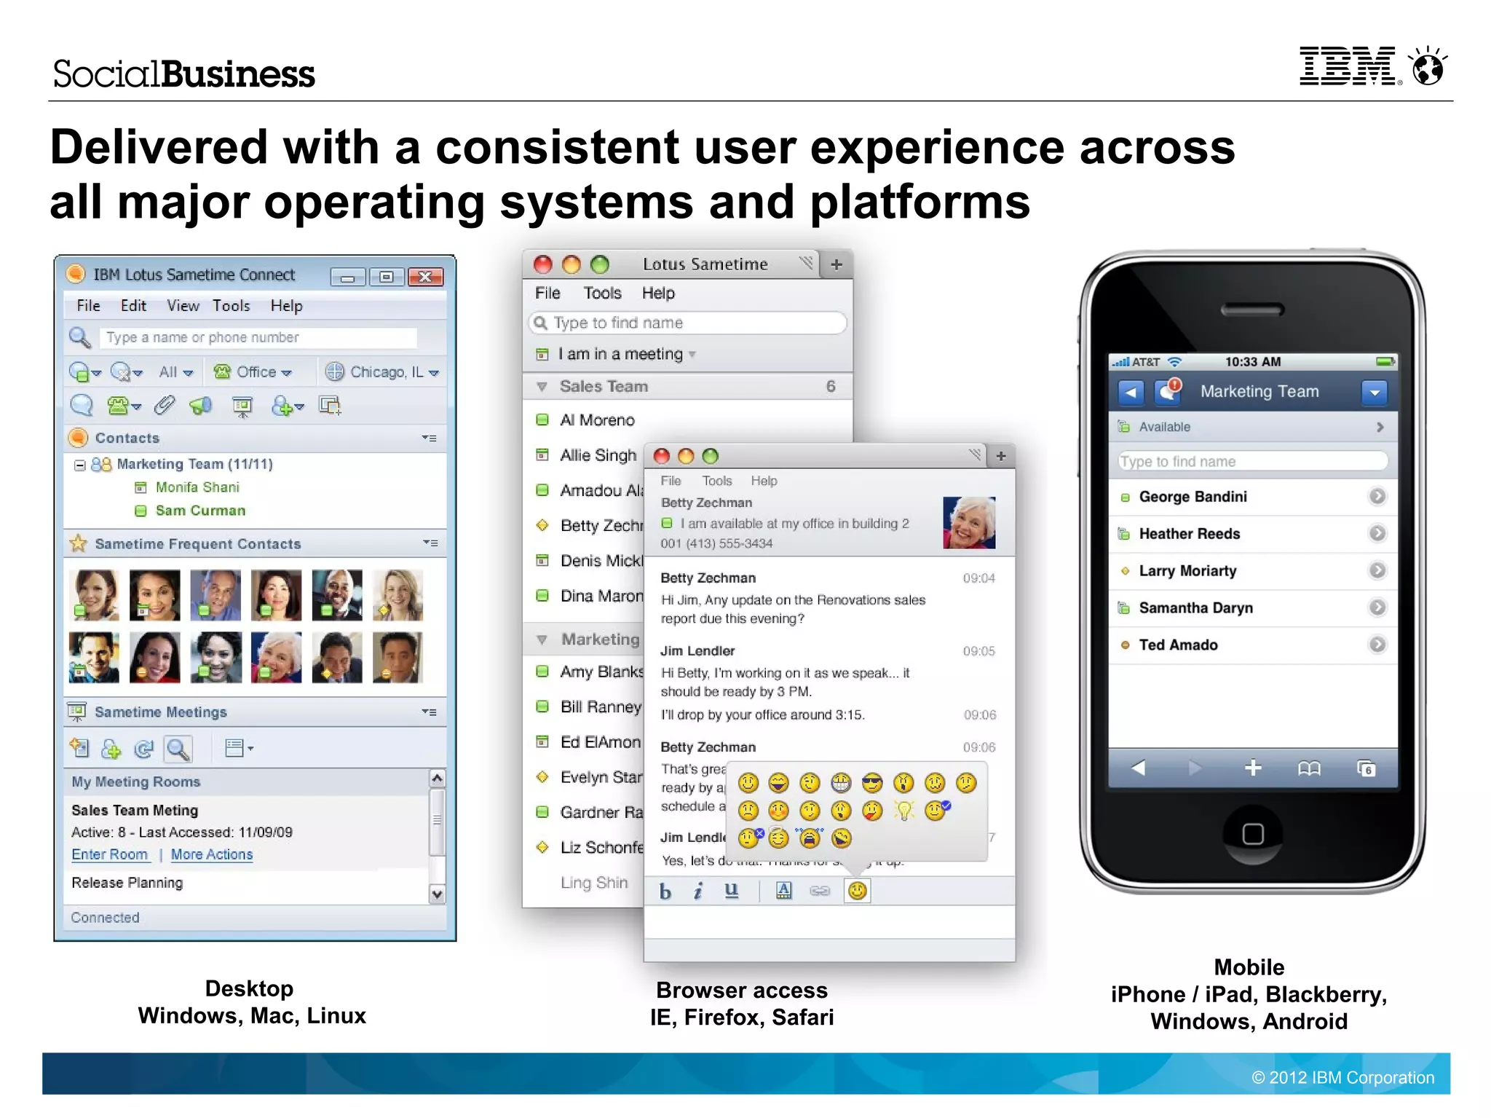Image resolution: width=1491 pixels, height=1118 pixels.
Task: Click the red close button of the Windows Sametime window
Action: [425, 277]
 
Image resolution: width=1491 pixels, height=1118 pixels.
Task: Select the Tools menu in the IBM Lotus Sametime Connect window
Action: [231, 306]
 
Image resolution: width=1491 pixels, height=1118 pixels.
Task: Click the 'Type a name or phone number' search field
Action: [258, 337]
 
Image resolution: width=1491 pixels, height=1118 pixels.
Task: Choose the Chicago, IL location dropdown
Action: [384, 372]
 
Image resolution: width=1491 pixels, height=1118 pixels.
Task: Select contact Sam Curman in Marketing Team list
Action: [200, 511]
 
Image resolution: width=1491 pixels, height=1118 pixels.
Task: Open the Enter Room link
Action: [109, 854]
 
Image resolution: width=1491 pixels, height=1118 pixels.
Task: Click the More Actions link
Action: [212, 854]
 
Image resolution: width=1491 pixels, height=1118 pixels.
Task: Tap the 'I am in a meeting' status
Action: [620, 354]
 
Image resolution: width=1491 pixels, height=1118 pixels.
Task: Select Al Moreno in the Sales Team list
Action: [597, 420]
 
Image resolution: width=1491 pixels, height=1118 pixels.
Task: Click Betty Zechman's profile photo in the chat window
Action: [969, 522]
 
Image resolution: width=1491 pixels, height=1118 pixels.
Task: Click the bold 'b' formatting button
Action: [665, 891]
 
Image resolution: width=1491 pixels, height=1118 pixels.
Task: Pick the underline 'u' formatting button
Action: [731, 891]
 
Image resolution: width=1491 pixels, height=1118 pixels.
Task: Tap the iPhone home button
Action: [1252, 833]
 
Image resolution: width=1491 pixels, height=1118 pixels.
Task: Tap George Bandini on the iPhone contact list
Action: [1193, 497]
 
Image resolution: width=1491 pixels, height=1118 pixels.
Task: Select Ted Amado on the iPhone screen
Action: [1178, 645]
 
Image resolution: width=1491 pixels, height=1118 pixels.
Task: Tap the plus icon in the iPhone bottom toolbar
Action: [1252, 768]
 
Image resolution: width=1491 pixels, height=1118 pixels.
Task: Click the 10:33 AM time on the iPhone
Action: [1252, 362]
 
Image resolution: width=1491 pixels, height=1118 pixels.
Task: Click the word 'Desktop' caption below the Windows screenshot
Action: [249, 988]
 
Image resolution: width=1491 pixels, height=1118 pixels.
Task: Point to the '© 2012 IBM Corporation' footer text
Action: [1342, 1077]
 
